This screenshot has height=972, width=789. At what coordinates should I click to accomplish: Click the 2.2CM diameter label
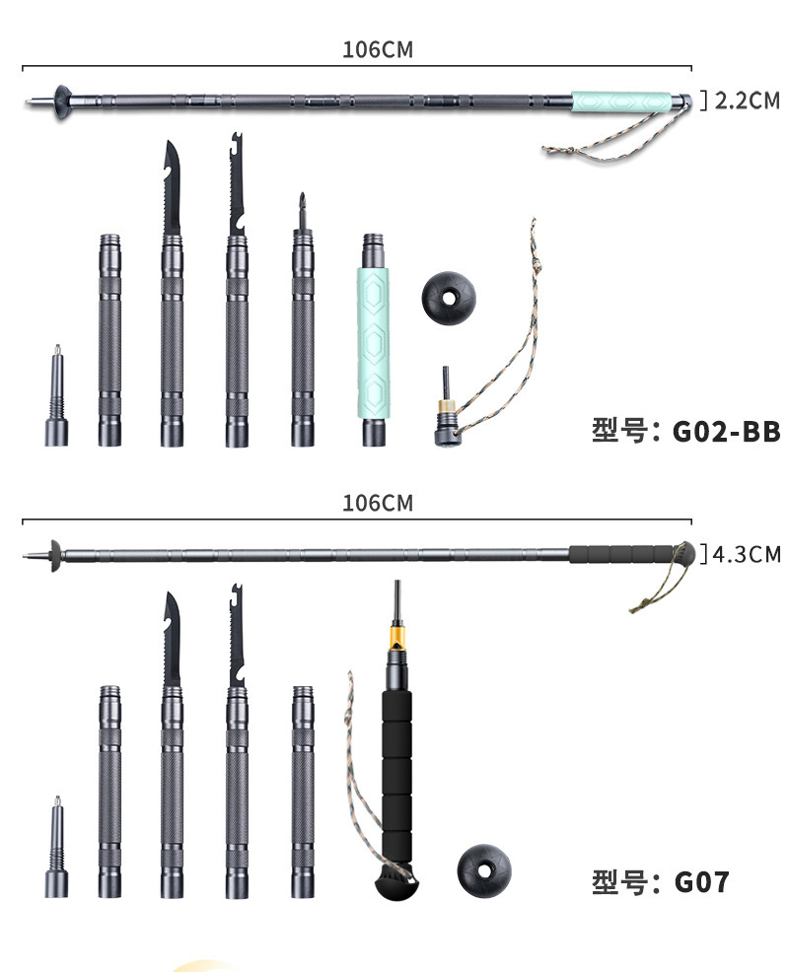pos(746,101)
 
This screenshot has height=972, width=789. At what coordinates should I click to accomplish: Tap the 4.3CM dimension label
pos(746,553)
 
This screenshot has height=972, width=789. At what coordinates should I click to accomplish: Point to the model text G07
pos(702,880)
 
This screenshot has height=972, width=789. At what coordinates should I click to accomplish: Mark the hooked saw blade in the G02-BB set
pos(237,187)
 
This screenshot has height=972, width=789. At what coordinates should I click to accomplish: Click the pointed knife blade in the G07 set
pos(172,641)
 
